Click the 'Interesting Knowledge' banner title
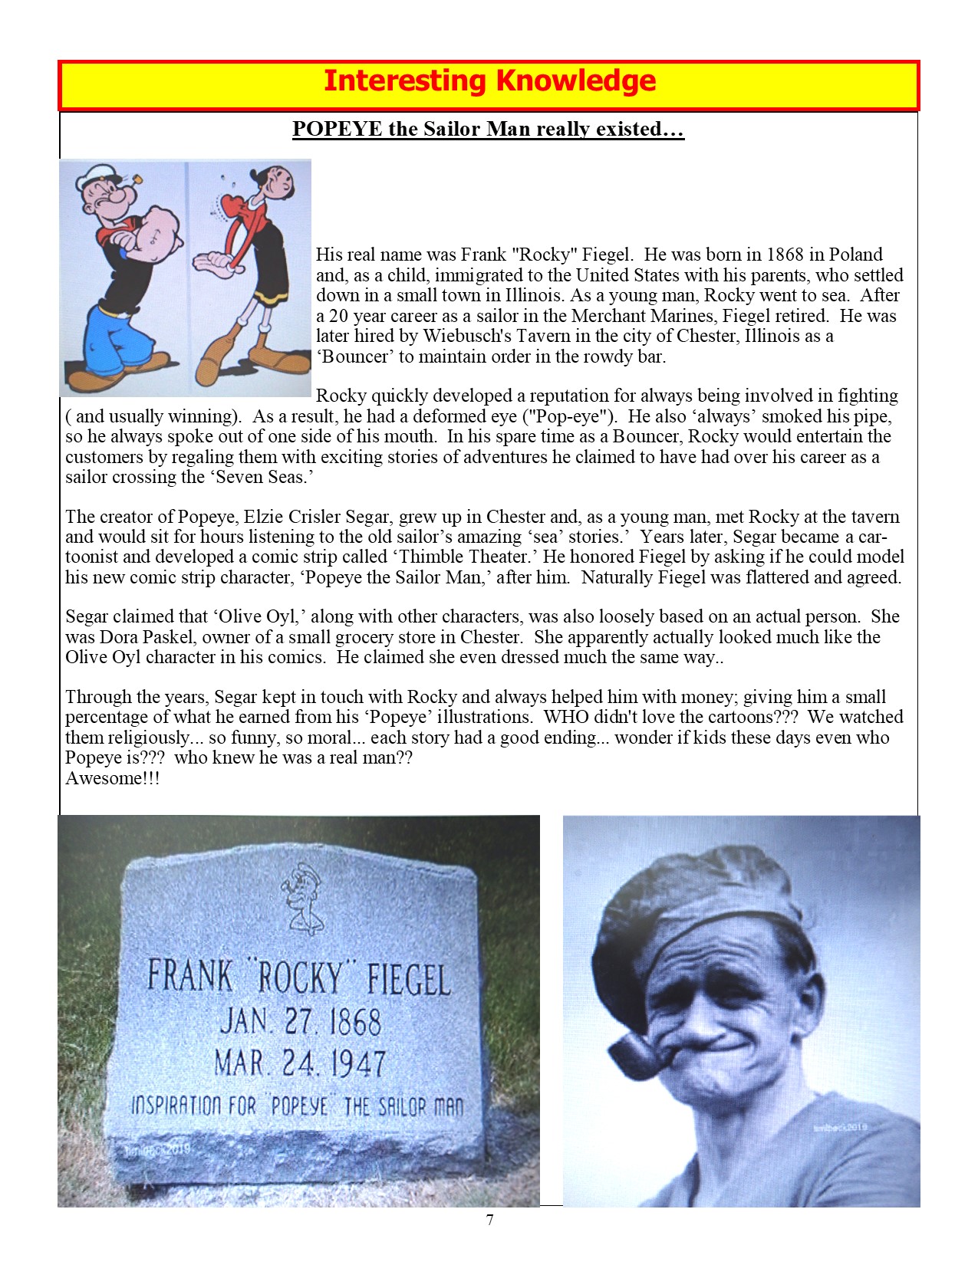coord(489,81)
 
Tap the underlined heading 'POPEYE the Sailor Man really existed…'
coord(488,129)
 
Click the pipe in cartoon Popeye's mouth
coord(135,181)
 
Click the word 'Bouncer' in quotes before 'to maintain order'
coord(354,356)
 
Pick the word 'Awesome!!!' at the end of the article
coord(113,778)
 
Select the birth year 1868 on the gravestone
coord(354,1022)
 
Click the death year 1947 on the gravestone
coord(358,1063)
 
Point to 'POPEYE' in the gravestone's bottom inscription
coord(300,1106)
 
